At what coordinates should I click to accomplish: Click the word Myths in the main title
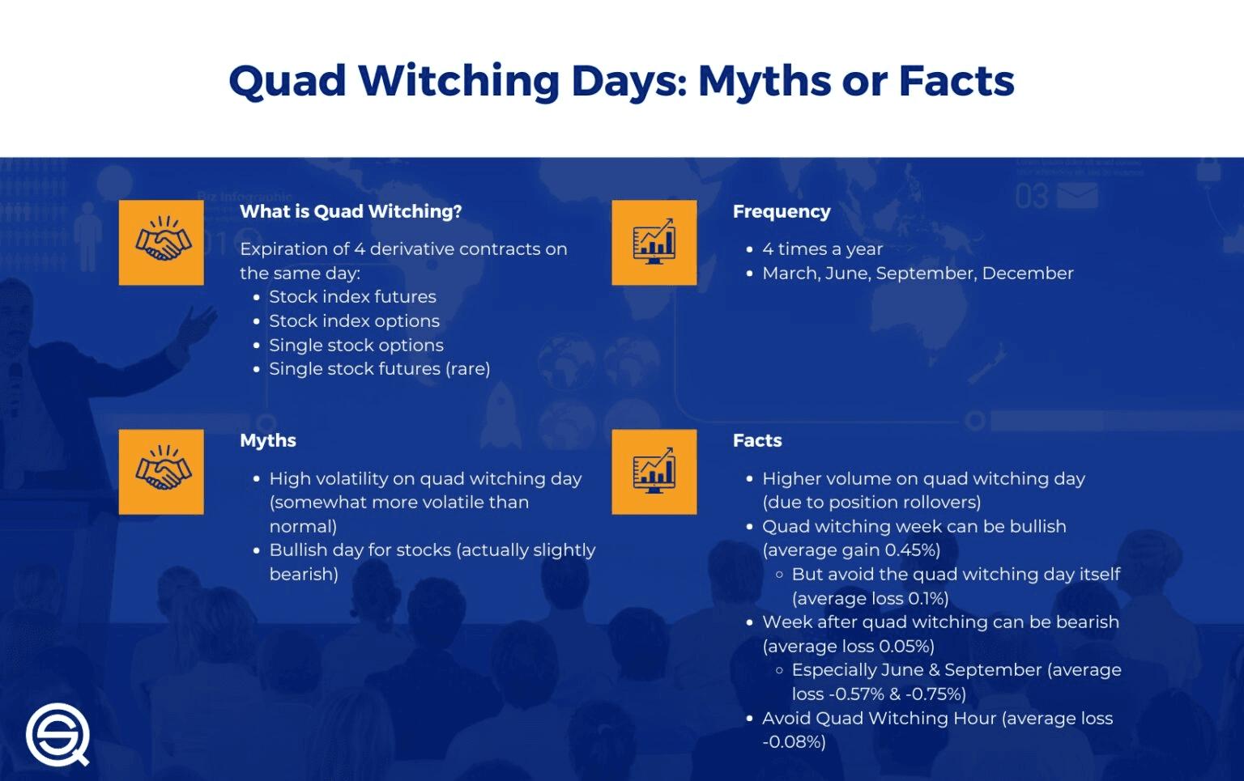[764, 82]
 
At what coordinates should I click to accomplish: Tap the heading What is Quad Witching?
[351, 211]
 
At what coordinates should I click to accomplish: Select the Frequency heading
[782, 211]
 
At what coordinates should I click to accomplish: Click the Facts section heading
[757, 440]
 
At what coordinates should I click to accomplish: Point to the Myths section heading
[268, 440]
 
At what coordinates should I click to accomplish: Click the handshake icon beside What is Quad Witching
[161, 242]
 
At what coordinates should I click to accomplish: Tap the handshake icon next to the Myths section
[161, 472]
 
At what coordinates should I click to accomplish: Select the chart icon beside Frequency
[654, 242]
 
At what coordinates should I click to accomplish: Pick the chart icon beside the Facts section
[654, 472]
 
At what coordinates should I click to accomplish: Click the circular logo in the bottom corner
[58, 734]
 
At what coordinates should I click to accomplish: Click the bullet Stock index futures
[352, 297]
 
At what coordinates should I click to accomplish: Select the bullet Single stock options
[356, 346]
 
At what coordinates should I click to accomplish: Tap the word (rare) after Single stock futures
[468, 369]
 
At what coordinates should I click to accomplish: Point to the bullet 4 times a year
[822, 249]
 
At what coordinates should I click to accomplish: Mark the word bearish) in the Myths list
[304, 575]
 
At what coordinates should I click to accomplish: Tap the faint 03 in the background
[1032, 197]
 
